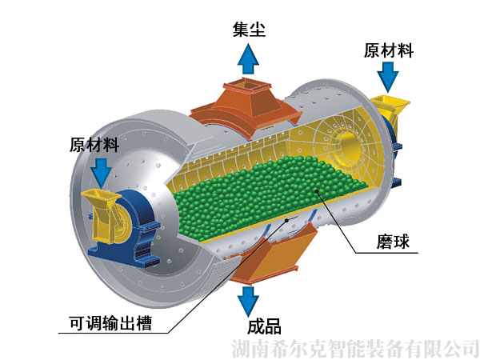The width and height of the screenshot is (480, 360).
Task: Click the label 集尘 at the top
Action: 249,30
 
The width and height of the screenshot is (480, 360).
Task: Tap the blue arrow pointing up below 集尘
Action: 248,58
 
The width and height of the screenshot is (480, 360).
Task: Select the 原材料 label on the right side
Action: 389,50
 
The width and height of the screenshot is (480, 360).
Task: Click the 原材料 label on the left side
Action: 94,144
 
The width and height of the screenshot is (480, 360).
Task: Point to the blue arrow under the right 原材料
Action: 388,77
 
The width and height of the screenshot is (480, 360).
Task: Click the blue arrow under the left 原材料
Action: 103,173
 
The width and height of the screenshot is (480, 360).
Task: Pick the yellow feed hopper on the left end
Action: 100,215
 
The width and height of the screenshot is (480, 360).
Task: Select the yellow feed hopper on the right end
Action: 391,110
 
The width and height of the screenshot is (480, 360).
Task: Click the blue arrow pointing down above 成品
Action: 248,301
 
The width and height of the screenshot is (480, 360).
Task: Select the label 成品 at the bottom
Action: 264,326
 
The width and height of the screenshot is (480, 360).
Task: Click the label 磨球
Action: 393,242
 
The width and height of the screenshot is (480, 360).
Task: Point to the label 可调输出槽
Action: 110,322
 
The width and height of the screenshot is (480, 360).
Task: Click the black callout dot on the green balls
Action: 317,192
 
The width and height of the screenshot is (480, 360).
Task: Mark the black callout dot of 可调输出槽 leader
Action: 286,220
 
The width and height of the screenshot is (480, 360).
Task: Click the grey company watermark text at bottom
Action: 355,349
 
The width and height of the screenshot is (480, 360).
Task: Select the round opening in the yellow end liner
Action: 351,147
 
